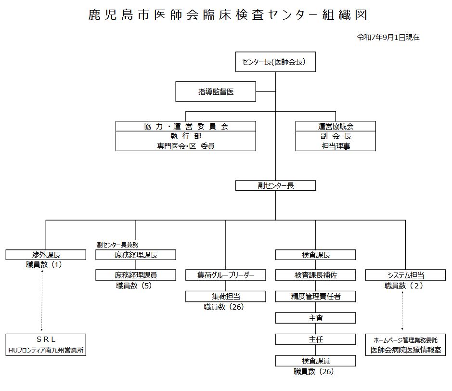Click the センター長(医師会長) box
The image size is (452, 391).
coord(275,62)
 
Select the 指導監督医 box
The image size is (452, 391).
coord(215,91)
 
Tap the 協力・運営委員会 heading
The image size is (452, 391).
coord(185,126)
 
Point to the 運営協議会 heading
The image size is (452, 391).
coord(336,126)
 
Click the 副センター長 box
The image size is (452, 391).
coord(275,185)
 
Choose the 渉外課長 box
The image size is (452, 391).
coord(46,255)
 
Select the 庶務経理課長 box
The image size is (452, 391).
coord(136,255)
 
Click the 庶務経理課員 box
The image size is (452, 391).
coord(136,275)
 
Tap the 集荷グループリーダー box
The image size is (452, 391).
coord(226,275)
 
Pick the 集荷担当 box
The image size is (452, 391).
coord(226,296)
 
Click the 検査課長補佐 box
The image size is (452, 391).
coord(316,275)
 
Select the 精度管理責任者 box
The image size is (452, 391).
coord(316,296)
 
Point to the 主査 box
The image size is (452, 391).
coord(316,318)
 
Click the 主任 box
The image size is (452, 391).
coord(316,339)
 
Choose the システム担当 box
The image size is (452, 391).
coord(406,275)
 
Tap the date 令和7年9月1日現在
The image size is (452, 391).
coord(388,37)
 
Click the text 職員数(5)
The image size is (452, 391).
coord(134,286)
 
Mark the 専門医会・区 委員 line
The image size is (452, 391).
coord(185,146)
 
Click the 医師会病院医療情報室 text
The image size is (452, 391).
coord(406,350)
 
